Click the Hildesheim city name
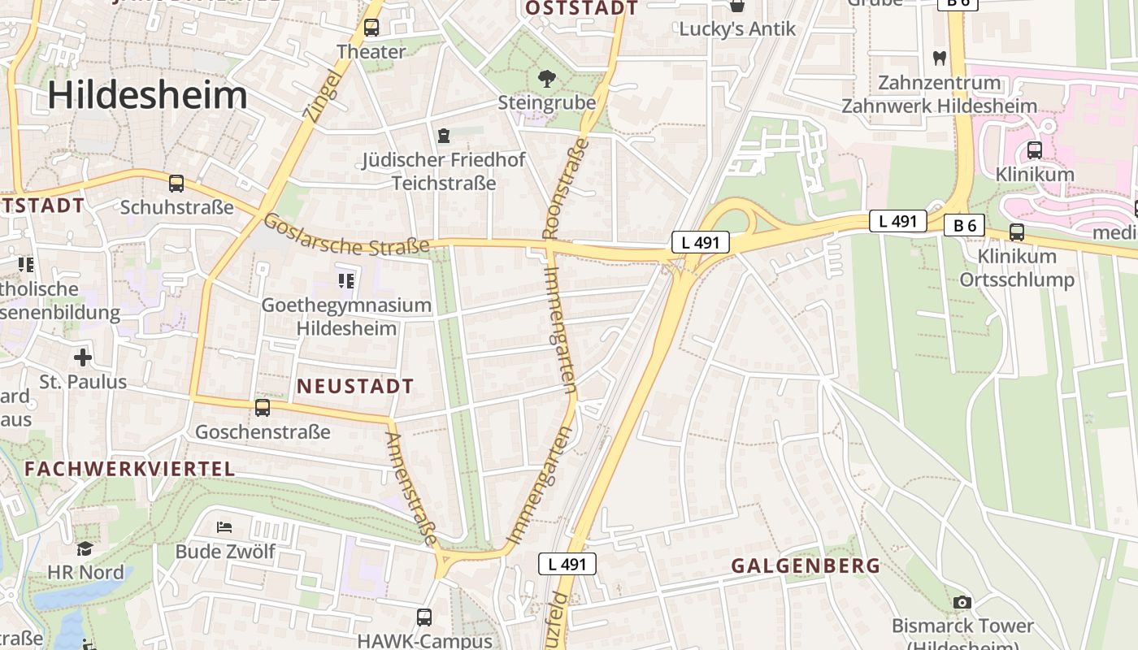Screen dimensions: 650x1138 (147, 95)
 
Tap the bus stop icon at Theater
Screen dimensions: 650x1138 (371, 28)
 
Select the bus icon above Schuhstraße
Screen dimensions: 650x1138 (176, 184)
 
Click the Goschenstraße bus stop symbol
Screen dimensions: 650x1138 (262, 408)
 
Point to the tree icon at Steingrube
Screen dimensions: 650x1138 (547, 79)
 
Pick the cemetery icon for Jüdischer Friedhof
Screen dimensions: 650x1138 (444, 135)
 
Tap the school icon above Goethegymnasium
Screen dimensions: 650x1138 (346, 281)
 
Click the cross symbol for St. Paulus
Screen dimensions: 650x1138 (83, 357)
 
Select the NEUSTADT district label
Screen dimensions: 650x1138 (355, 386)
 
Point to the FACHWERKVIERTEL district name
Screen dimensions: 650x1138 (129, 469)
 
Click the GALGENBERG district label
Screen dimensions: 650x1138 (806, 566)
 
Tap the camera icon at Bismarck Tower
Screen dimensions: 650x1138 (962, 602)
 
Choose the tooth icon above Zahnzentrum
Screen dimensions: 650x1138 (940, 58)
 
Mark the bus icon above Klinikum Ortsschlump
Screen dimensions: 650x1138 (1017, 232)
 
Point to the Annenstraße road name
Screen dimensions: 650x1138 (413, 487)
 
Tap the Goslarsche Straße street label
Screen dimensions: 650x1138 (346, 234)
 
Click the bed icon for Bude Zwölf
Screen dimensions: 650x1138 (225, 527)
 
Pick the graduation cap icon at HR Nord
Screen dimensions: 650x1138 (85, 548)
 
